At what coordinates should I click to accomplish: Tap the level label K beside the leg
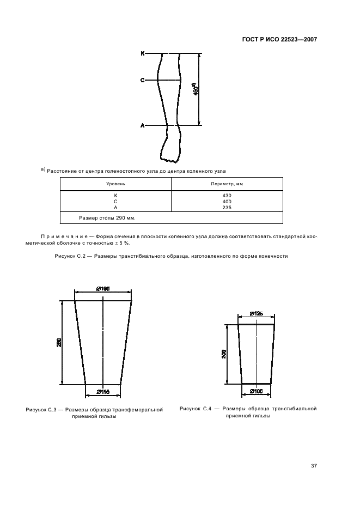click(143, 53)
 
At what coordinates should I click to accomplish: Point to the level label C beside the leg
click(143, 80)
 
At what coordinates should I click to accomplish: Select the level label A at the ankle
click(143, 125)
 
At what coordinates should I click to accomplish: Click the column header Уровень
click(115, 184)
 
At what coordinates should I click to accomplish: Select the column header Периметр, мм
click(227, 184)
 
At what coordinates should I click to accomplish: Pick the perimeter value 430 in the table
click(227, 196)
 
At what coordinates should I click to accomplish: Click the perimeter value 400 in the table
click(227, 202)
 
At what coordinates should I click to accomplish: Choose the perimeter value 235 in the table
click(227, 208)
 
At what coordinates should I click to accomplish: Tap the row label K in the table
click(115, 196)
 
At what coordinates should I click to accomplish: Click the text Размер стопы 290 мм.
click(107, 218)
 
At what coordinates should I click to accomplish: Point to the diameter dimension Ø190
click(103, 289)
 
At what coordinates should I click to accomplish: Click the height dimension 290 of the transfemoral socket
click(59, 342)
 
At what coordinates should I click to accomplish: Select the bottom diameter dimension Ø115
click(103, 392)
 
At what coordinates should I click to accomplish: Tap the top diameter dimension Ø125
click(257, 314)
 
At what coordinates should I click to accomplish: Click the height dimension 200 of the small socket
click(224, 354)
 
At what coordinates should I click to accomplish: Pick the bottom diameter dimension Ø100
click(257, 391)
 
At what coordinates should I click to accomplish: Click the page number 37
click(314, 466)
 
